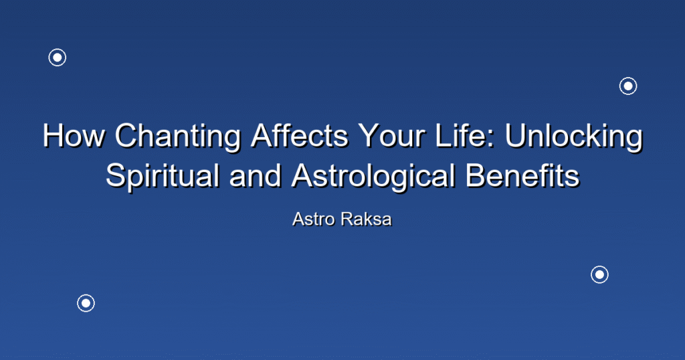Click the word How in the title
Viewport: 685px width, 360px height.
[x=74, y=135]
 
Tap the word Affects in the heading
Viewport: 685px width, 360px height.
[x=299, y=135]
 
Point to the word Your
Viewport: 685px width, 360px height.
[x=391, y=135]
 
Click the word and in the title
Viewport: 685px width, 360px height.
[x=255, y=175]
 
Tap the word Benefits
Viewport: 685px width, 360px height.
[x=522, y=175]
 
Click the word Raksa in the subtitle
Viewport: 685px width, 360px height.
[x=366, y=219]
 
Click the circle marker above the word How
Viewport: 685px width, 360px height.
[x=58, y=58]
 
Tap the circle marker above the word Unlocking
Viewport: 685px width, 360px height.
[x=628, y=86]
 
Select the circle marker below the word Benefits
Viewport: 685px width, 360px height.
[x=600, y=274]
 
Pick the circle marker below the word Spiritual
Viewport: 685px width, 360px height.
[x=86, y=303]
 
